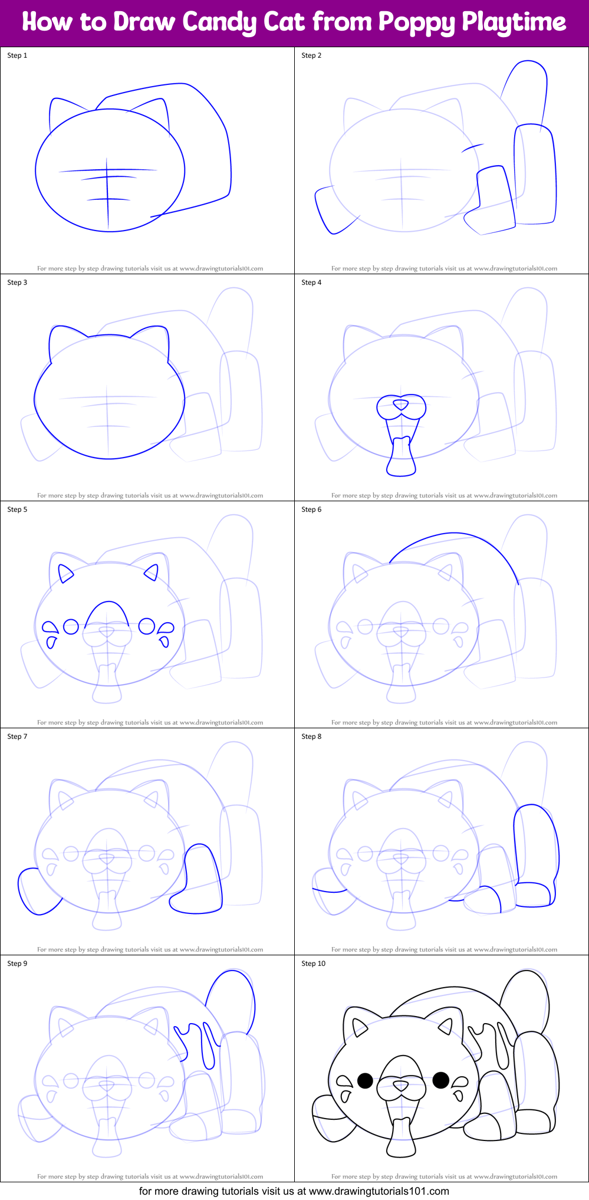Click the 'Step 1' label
(17, 55)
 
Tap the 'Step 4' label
(311, 282)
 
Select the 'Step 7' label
(17, 737)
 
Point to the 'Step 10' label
(313, 964)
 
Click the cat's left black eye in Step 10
(366, 1080)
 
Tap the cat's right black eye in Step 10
(441, 1080)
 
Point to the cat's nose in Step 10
(401, 1084)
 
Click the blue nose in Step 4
(401, 405)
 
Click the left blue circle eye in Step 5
(71, 626)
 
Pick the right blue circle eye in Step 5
(147, 626)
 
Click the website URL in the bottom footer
(379, 1191)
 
